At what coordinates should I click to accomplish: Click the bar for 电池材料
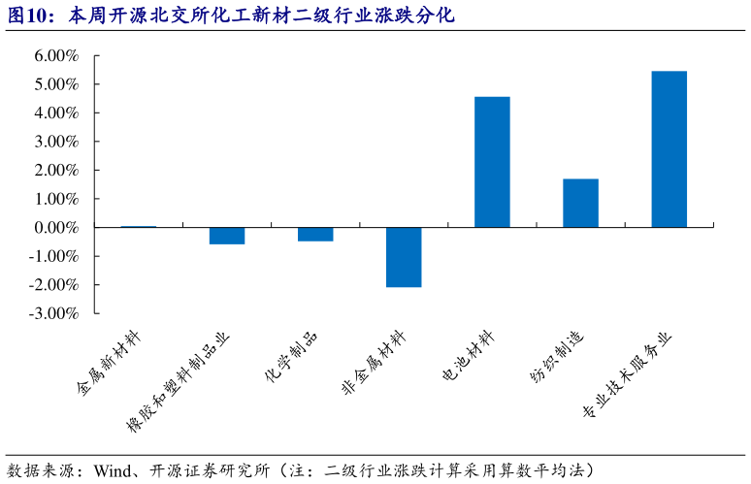coord(492,162)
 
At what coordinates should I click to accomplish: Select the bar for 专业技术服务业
coord(669,149)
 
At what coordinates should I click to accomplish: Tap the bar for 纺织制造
coord(580,203)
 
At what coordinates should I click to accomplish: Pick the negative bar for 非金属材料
coord(404,257)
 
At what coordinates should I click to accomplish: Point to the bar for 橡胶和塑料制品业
coord(227,236)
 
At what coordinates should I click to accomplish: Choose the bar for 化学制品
coord(315,234)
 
